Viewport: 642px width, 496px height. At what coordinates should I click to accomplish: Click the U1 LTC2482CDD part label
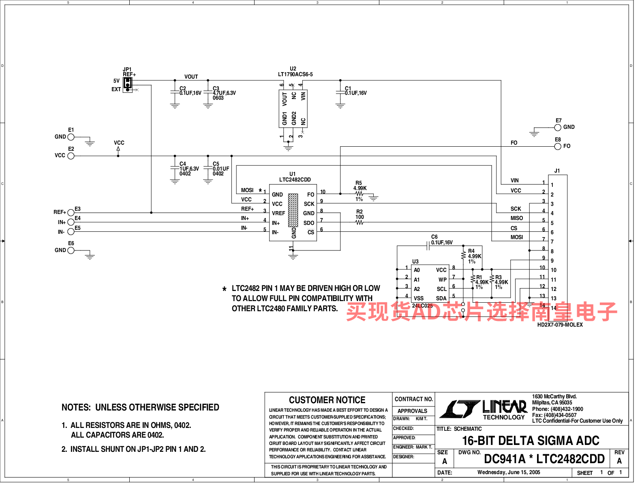click(x=295, y=180)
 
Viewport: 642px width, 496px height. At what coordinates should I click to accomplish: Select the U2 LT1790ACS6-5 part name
click(x=295, y=74)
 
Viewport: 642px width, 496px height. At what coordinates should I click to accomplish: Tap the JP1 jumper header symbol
click(x=128, y=85)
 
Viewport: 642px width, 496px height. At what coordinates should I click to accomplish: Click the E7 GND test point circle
click(x=558, y=127)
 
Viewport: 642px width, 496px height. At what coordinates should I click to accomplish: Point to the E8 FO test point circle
click(x=558, y=146)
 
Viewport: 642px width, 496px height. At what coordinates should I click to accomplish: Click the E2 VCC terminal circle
click(x=71, y=156)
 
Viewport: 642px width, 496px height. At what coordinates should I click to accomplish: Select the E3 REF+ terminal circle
click(x=71, y=212)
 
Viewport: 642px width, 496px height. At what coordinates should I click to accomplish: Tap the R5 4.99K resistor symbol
click(x=359, y=194)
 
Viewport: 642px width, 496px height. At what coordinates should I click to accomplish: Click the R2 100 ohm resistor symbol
click(x=360, y=222)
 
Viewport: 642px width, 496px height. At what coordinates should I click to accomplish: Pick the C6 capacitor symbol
click(x=428, y=246)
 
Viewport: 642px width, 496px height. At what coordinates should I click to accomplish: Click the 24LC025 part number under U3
click(x=422, y=306)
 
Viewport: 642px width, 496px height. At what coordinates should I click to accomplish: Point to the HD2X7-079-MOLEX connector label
click(x=560, y=325)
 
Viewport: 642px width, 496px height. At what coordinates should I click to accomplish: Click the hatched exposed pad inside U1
click(x=293, y=210)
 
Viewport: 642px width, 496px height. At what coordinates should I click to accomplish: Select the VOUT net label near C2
click(x=191, y=77)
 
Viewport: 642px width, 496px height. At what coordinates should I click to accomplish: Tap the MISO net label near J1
click(x=516, y=218)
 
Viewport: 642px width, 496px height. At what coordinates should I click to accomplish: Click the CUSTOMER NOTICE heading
click(x=327, y=400)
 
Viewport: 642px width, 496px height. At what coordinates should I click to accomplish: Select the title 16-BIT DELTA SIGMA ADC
click(x=531, y=440)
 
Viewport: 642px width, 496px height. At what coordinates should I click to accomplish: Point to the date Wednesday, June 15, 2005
click(x=509, y=472)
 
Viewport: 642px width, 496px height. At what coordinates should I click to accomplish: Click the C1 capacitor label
click(x=348, y=88)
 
